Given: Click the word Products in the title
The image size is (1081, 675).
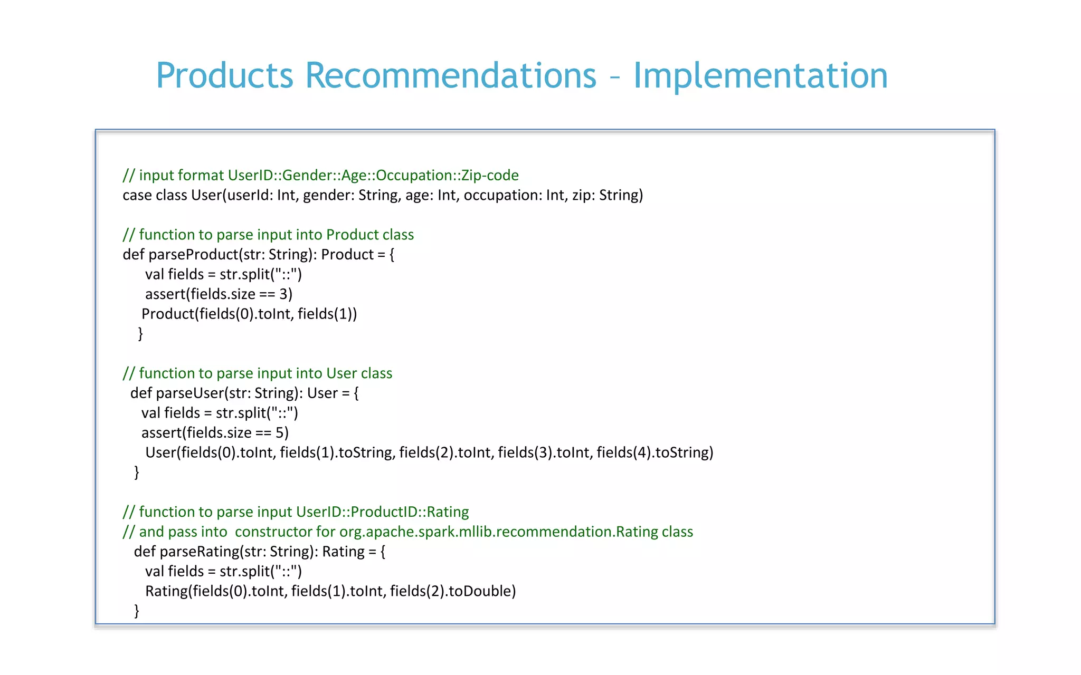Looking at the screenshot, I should [x=224, y=75].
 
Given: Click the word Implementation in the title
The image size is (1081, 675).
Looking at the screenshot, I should [x=760, y=75].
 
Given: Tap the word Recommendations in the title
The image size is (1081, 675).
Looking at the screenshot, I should [x=450, y=75].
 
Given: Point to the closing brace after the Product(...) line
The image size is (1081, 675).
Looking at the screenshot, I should [x=140, y=334].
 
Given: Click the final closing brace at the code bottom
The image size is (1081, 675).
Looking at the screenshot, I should [x=137, y=611].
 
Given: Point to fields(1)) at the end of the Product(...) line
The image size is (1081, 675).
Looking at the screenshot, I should [x=327, y=314].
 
